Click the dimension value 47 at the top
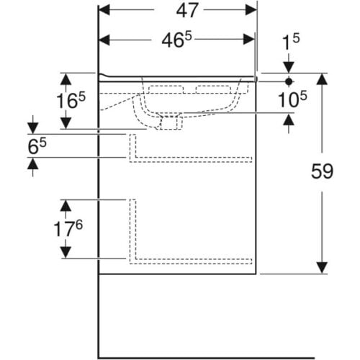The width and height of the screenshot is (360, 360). click(187, 11)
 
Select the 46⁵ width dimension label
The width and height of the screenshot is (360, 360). click(177, 40)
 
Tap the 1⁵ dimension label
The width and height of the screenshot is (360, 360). click(291, 42)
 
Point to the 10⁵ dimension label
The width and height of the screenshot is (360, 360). click(292, 99)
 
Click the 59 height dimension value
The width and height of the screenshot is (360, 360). click(322, 171)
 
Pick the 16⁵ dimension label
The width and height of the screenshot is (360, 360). click(71, 101)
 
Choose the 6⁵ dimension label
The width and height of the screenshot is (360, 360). click(37, 146)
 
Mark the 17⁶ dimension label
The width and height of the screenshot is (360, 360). click(68, 228)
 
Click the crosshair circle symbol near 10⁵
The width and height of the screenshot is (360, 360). click(289, 81)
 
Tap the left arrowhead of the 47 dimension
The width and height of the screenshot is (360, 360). click(104, 10)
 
